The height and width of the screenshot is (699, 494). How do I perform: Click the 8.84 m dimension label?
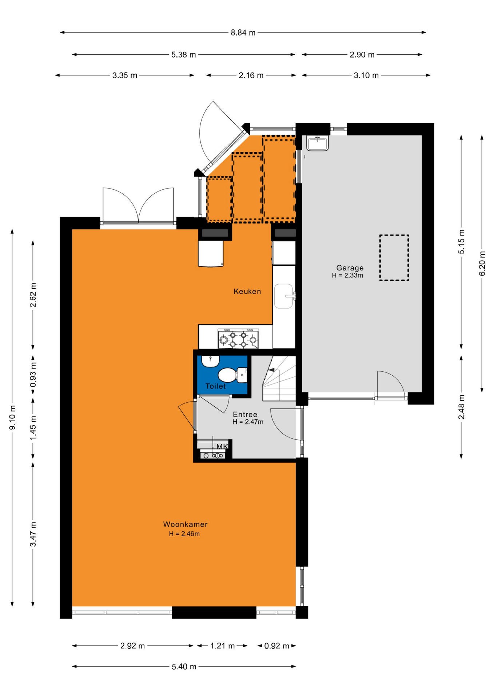pyautogui.click(x=243, y=33)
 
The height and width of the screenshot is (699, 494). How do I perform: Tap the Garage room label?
pyautogui.click(x=350, y=268)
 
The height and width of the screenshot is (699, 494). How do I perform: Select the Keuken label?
pyautogui.click(x=247, y=291)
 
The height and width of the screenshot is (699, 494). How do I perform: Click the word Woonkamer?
pyautogui.click(x=185, y=524)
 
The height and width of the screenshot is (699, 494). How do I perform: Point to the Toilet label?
pyautogui.click(x=216, y=386)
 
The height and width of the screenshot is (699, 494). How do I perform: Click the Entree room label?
pyautogui.click(x=245, y=414)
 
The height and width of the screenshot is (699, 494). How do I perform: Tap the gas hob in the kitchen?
pyautogui.click(x=238, y=339)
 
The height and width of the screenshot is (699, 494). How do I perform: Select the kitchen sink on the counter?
pyautogui.click(x=284, y=296)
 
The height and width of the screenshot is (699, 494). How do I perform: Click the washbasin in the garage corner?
pyautogui.click(x=318, y=143)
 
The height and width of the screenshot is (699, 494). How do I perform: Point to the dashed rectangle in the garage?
pyautogui.click(x=394, y=257)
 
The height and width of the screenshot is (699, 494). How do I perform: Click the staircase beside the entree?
pyautogui.click(x=279, y=378)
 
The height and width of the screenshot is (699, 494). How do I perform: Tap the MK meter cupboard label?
pyautogui.click(x=222, y=446)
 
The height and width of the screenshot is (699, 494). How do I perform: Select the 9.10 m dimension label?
pyautogui.click(x=12, y=417)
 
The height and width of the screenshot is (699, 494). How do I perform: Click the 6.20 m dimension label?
pyautogui.click(x=482, y=263)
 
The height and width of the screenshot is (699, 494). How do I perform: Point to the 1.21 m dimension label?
pyautogui.click(x=222, y=646)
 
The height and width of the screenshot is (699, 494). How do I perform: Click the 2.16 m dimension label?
pyautogui.click(x=251, y=75)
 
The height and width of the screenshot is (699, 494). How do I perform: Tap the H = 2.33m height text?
pyautogui.click(x=347, y=276)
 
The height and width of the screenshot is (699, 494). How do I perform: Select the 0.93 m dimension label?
pyautogui.click(x=33, y=375)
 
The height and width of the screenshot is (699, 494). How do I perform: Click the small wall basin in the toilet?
pyautogui.click(x=210, y=361)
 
